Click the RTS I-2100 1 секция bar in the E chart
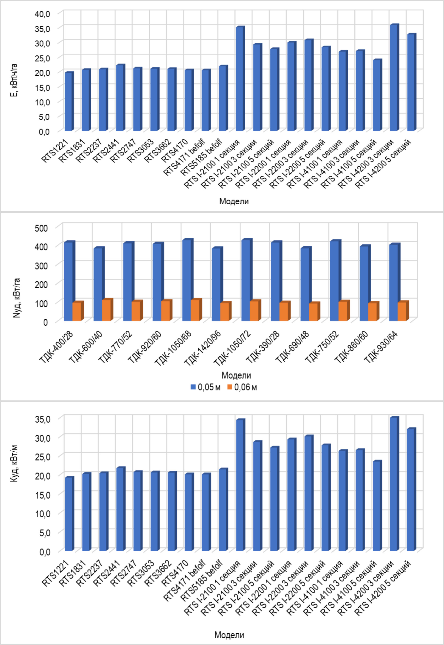point(240,79)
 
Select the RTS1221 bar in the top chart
point(69,102)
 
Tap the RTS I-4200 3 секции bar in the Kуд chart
point(394,484)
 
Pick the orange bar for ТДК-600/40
point(106,310)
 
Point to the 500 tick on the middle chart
point(41,228)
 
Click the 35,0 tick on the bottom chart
point(43,419)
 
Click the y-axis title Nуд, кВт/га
point(17,298)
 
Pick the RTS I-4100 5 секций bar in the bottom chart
point(377,506)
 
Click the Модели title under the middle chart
point(236,375)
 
